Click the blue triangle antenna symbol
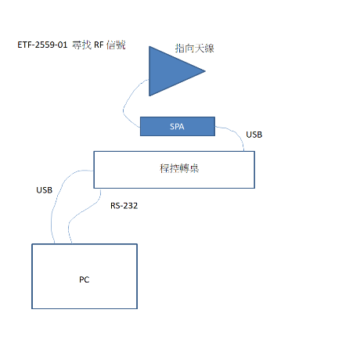[x=170, y=71]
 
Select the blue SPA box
[x=178, y=127]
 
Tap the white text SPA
[x=177, y=127]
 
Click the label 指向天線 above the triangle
[x=195, y=49]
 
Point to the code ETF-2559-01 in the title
[x=42, y=45]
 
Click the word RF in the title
[x=99, y=45]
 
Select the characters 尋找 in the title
[x=81, y=45]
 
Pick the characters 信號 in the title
[x=116, y=45]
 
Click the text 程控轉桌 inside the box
[x=179, y=168]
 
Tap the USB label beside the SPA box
[x=254, y=135]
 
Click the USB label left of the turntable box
[x=45, y=190]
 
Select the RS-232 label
[x=124, y=206]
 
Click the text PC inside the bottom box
[x=85, y=279]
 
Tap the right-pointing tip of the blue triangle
[x=205, y=70]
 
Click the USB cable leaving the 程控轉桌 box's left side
[x=56, y=198]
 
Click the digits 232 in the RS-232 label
[x=131, y=206]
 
